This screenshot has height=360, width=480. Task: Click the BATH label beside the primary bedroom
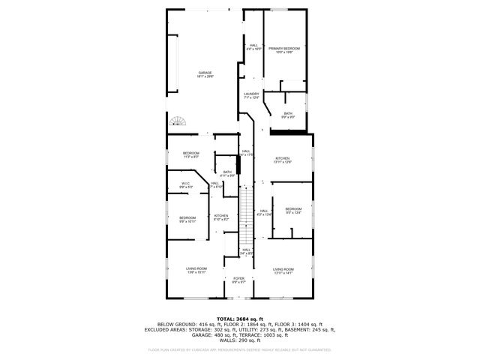tap(288, 115)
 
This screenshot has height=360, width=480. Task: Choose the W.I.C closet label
tap(185, 185)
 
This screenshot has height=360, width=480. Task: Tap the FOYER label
tap(238, 280)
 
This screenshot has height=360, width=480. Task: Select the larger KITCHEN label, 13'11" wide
tap(282, 160)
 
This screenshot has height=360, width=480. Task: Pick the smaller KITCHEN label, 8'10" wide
tap(221, 218)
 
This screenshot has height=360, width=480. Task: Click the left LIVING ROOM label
tap(196, 270)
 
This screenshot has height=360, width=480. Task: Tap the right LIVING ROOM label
tap(283, 270)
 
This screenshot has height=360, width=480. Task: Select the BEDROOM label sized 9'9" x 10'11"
tap(187, 219)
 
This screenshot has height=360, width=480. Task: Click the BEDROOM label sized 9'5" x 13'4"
tap(292, 211)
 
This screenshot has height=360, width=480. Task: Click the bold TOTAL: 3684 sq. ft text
tap(239, 318)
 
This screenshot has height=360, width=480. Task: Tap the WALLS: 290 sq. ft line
tap(239, 341)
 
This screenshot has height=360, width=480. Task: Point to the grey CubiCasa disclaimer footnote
tap(239, 349)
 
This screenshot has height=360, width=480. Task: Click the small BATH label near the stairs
tap(227, 173)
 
